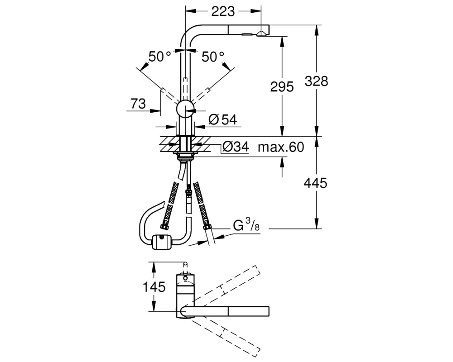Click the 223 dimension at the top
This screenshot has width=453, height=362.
pyautogui.click(x=223, y=12)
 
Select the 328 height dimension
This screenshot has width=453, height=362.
pyautogui.click(x=316, y=81)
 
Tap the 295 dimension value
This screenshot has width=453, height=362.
pyautogui.click(x=282, y=86)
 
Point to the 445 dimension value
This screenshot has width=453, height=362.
pyautogui.click(x=315, y=183)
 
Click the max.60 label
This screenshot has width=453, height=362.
pyautogui.click(x=281, y=147)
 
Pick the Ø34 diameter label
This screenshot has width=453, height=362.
pyautogui.click(x=236, y=147)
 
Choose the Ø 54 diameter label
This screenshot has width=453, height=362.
pyautogui.click(x=222, y=119)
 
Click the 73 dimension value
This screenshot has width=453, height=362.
pyautogui.click(x=138, y=104)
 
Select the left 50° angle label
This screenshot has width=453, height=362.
pyautogui.click(x=160, y=57)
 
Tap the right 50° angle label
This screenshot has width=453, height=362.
pyautogui.click(x=213, y=57)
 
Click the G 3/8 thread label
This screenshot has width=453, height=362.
pyautogui.click(x=246, y=225)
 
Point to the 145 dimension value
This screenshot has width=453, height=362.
pyautogui.click(x=154, y=287)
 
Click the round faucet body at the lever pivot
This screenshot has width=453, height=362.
pyautogui.click(x=185, y=109)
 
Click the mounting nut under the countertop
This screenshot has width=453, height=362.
pyautogui.click(x=185, y=156)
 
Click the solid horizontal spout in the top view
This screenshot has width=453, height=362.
pyautogui.click(x=225, y=311)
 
